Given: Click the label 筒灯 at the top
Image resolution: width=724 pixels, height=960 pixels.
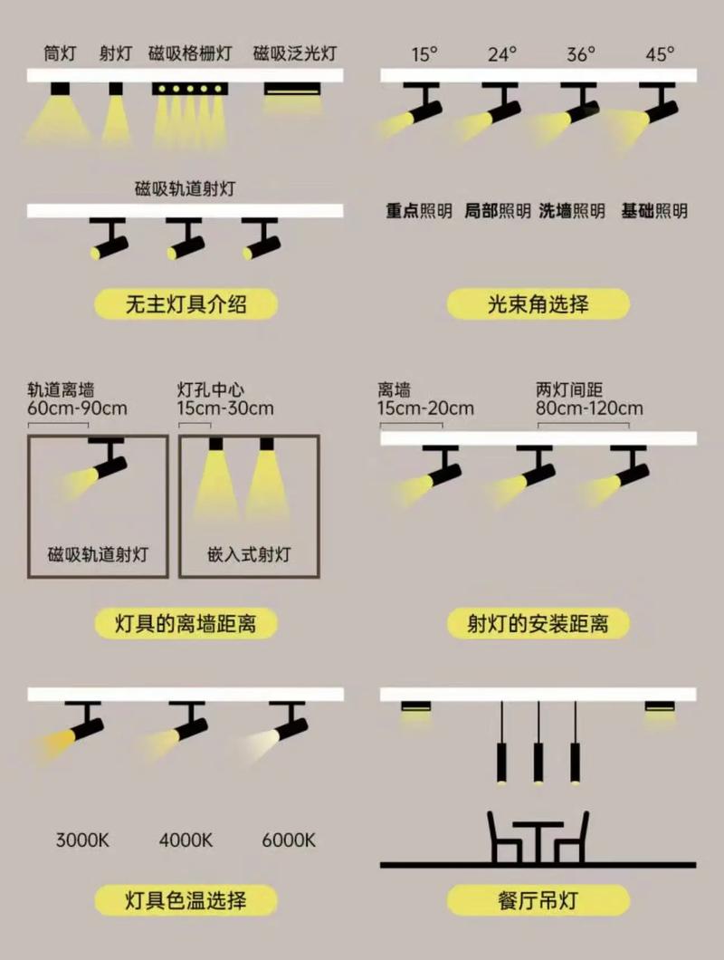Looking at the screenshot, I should tap(60, 53).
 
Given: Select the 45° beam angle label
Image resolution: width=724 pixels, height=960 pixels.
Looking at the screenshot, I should tap(660, 53).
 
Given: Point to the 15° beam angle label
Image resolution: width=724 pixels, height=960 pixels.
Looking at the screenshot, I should tap(424, 53).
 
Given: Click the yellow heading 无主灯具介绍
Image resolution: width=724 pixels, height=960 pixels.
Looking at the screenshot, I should tap(186, 304).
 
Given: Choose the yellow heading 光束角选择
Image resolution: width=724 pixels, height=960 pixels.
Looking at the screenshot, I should tap(538, 304).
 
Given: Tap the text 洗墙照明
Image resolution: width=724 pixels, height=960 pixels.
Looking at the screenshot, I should tap(572, 211).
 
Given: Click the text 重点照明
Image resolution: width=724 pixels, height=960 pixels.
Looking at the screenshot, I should tap(419, 211).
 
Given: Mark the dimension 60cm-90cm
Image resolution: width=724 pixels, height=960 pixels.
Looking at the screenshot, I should tap(78, 408).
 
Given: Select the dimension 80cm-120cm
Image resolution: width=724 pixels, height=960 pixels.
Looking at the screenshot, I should tap(589, 408).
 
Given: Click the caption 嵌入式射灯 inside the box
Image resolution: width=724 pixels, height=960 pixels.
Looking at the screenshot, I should tap(249, 554).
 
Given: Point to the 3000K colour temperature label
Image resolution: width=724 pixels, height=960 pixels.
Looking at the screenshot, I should tap(82, 840).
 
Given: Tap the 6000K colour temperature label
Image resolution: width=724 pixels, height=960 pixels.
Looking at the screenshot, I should tap(289, 840).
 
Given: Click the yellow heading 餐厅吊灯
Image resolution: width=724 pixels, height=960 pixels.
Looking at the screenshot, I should tap(538, 900).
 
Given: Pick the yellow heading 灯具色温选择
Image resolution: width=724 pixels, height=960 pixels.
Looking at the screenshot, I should tap(186, 900).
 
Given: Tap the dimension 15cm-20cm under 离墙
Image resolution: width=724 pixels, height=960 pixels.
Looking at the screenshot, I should tap(425, 408).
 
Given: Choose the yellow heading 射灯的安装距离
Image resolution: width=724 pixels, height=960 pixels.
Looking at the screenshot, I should tap(538, 623).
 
